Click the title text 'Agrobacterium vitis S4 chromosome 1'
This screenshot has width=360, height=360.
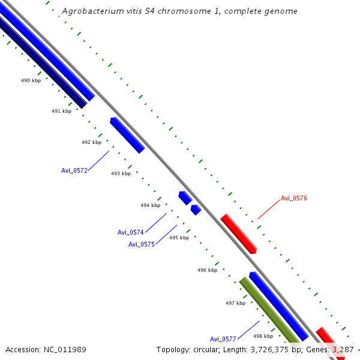[179, 11]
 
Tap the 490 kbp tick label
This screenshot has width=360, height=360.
[31, 80]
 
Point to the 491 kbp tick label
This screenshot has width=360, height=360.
[61, 111]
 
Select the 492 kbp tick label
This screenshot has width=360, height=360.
[91, 142]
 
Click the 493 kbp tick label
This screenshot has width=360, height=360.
[121, 173]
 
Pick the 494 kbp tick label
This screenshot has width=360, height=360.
[150, 205]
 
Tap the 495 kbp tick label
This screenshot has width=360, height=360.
[179, 238]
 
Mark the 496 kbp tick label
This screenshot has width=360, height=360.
[207, 270]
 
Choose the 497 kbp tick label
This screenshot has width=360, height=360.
[235, 303]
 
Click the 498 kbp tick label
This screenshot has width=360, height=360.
[263, 336]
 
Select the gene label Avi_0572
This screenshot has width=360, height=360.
[74, 170]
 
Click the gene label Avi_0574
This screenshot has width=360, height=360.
[131, 232]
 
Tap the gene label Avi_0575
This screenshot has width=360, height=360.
[142, 244]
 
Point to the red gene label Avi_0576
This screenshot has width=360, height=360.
[294, 198]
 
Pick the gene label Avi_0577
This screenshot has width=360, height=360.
[223, 339]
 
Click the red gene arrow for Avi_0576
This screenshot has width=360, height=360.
[239, 233]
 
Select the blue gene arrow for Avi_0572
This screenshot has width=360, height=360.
[127, 135]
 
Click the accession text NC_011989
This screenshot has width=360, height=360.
[46, 350]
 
